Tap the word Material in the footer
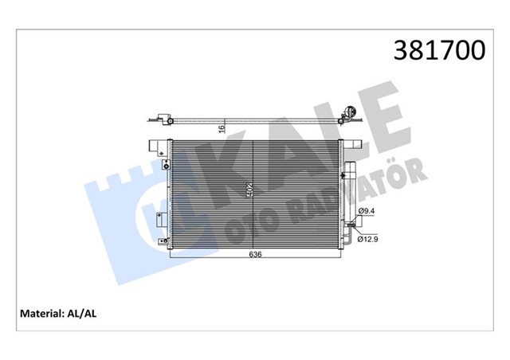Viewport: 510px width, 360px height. coord(42,313)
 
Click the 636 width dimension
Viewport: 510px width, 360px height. coord(253,255)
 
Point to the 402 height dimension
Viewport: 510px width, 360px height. coord(249,191)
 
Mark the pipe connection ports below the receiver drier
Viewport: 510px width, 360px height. coord(348,230)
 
